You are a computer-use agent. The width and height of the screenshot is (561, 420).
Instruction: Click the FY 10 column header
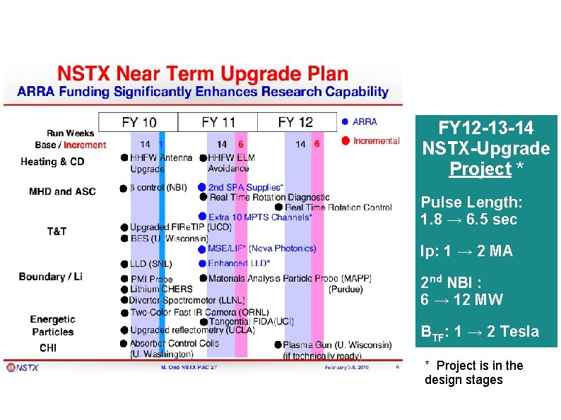click(140, 122)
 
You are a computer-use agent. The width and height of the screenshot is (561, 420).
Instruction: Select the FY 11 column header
click(218, 122)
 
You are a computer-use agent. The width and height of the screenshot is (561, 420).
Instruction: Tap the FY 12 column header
click(295, 122)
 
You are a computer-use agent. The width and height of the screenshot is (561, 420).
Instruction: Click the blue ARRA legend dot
click(345, 121)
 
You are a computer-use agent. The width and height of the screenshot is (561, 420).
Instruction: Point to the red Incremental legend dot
click(346, 140)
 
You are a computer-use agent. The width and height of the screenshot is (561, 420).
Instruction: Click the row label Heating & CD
click(52, 162)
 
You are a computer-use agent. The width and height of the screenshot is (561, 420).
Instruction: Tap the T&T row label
click(57, 232)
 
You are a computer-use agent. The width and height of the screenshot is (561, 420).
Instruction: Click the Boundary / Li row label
click(51, 277)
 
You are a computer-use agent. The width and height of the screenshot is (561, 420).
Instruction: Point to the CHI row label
click(48, 348)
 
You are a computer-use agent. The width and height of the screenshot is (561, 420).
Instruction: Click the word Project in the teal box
click(480, 169)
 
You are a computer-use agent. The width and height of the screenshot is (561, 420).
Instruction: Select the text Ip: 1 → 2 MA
click(466, 251)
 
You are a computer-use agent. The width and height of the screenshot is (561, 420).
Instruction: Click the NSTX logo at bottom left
click(23, 367)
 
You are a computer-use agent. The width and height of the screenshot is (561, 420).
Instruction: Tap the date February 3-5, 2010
click(347, 368)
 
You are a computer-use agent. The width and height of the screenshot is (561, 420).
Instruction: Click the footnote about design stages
click(473, 373)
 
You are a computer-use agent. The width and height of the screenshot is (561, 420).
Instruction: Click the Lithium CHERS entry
click(160, 289)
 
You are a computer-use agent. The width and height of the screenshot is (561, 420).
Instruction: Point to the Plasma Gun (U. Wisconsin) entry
click(336, 345)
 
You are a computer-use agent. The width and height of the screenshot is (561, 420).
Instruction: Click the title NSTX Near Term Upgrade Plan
click(203, 74)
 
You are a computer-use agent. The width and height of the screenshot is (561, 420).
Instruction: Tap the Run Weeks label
click(70, 133)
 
